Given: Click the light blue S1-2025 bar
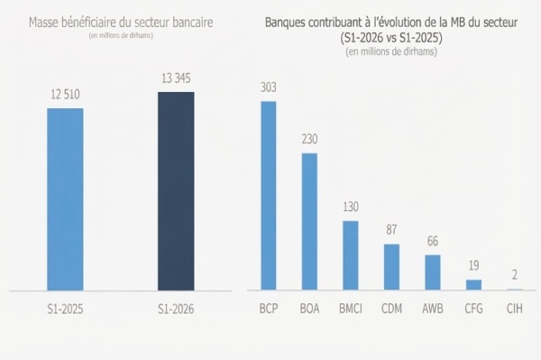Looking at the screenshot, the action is coord(65,199).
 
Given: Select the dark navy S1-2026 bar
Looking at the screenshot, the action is coord(176,191).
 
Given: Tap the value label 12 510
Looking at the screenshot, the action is coord(65,94).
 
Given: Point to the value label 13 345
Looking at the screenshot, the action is coord(176,78).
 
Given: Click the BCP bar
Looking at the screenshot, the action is coord(269,196).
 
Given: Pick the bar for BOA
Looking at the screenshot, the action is coord(309,222).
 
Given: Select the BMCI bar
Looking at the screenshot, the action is coord(351,255).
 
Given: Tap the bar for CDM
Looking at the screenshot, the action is coord(391,267).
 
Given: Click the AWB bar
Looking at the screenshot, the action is coord(433,272).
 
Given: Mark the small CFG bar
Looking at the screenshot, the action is coord(473,285).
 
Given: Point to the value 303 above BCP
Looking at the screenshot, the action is coord(269,88).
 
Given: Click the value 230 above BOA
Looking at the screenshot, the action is coord(309,139).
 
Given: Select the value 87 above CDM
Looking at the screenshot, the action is coord(391,230).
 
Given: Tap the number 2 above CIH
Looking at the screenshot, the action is coord(515,275).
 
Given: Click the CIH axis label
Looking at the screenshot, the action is coord(515,309).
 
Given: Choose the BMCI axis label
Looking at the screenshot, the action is coord(351,309).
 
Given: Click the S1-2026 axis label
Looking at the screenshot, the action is coord(176,309).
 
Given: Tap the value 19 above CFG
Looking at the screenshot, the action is coord(473,265).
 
